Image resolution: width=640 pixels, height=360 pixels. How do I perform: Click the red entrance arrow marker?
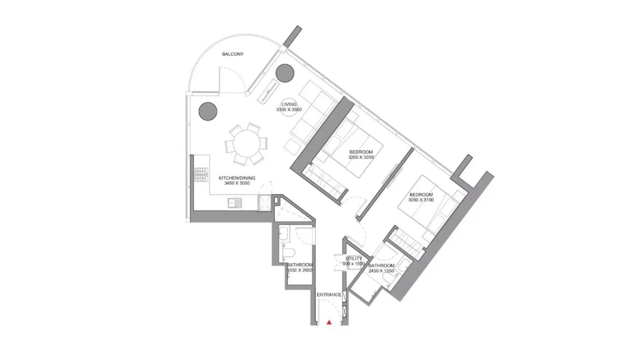pos(329,322)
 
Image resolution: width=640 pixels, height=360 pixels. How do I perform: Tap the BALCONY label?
pos(233,54)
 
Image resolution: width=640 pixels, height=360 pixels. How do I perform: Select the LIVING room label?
pos(289,104)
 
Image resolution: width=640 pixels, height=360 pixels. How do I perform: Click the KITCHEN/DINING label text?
pos(237,178)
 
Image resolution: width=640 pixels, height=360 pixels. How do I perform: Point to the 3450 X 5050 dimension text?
pos(237,183)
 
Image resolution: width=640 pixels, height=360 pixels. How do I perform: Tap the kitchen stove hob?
pos(201,175)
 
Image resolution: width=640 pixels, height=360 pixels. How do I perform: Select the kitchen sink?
pos(235,203)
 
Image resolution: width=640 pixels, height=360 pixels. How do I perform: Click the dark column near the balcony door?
pos(208,111)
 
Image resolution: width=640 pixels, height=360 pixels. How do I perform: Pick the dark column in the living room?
pos(285,73)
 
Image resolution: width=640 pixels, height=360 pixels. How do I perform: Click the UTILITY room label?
pos(354,258)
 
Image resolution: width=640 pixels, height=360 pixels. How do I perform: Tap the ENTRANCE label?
pos(329,295)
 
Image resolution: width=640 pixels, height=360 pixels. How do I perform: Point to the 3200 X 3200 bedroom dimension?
pos(361,157)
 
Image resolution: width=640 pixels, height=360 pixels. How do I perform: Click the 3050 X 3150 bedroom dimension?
pos(421,200)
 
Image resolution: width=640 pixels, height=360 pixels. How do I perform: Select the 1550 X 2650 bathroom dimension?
pos(300,270)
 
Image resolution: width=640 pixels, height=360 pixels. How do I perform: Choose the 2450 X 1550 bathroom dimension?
pos(381,271)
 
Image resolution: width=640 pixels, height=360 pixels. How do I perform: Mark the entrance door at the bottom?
pos(329,312)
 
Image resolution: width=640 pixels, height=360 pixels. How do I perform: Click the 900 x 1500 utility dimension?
pos(354,264)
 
